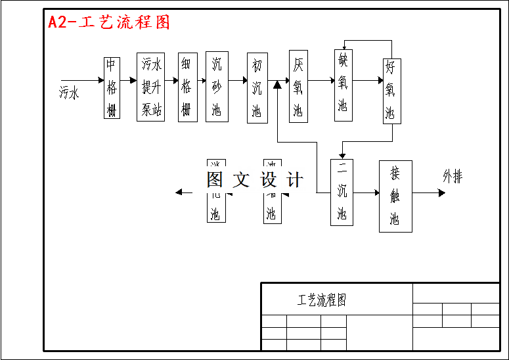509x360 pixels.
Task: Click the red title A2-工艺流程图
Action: coord(109,22)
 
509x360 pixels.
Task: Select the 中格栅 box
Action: coord(112,88)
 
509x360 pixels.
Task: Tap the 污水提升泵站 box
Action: coord(150,87)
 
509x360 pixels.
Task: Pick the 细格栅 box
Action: coord(187,87)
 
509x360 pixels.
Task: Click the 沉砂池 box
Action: coord(217,87)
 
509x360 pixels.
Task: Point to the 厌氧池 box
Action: coord(298,86)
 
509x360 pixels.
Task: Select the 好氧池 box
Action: coord(391,91)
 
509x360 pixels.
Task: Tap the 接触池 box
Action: coord(395,196)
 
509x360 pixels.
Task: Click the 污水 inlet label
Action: coord(69,93)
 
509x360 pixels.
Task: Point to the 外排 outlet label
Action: coord(453,176)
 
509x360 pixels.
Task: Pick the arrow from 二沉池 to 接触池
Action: coord(366,193)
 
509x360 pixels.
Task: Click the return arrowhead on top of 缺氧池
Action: coord(343,45)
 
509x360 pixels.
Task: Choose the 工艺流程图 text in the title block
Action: coord(322,300)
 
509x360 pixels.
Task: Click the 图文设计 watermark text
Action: coord(255,179)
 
